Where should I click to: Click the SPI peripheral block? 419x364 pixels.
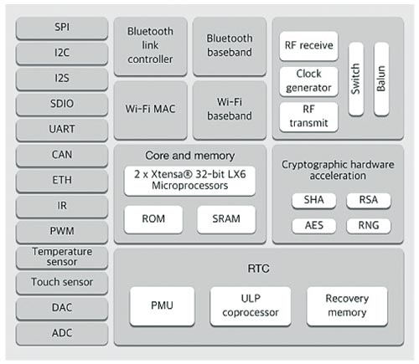62,28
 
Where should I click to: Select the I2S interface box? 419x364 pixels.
62,79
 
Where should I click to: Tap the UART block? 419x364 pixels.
62,130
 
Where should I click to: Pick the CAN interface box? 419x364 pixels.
62,156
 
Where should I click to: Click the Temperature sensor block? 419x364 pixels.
62,258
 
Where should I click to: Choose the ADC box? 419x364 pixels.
62,334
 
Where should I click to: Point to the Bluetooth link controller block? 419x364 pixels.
151,46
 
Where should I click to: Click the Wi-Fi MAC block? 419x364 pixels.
151,110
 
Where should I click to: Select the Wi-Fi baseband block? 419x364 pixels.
230,110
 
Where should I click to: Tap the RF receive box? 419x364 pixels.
308,46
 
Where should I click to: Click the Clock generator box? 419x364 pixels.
308,81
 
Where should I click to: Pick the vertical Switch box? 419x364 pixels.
356,79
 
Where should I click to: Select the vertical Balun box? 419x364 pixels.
381,79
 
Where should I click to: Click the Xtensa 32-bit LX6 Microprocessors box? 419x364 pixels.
189,181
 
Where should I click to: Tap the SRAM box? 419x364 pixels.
226,219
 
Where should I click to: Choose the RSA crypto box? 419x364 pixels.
369,201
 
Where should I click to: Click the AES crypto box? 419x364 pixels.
314,226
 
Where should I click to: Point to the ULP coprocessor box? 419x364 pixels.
251,306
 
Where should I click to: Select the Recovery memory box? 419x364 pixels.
347,306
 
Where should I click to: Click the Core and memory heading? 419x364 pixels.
189,156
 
